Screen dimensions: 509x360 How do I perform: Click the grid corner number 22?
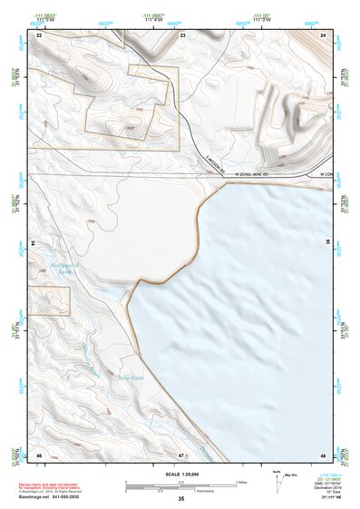pos(39,34)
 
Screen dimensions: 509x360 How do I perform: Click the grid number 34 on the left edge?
pos(35,243)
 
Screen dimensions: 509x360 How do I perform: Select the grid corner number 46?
pos(39,454)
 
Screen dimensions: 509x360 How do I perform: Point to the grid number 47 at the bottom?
pos(181,454)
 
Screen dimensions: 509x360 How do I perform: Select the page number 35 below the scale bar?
pos(180,499)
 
